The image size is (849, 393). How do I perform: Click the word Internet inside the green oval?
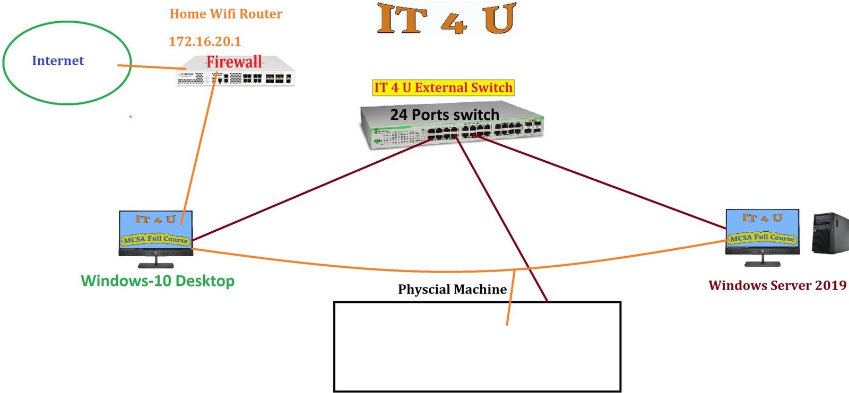pos(58,61)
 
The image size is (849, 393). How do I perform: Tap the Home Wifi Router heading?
pos(226,14)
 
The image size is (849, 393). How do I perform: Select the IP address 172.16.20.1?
pos(205,41)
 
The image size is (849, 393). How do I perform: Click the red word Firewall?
pos(234,62)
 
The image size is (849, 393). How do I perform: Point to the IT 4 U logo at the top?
pos(446,19)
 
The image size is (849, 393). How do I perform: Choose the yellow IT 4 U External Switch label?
pos(443,88)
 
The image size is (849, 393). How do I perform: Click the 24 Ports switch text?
pos(445,115)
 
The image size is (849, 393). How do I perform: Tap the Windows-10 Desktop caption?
pos(158,281)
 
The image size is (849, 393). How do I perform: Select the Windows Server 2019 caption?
pos(777,285)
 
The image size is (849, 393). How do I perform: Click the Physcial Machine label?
pos(452,290)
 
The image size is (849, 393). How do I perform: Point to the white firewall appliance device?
pos(265,77)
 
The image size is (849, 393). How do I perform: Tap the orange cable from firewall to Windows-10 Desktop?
pos(199,148)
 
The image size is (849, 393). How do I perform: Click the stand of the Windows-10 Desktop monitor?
pos(155,263)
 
